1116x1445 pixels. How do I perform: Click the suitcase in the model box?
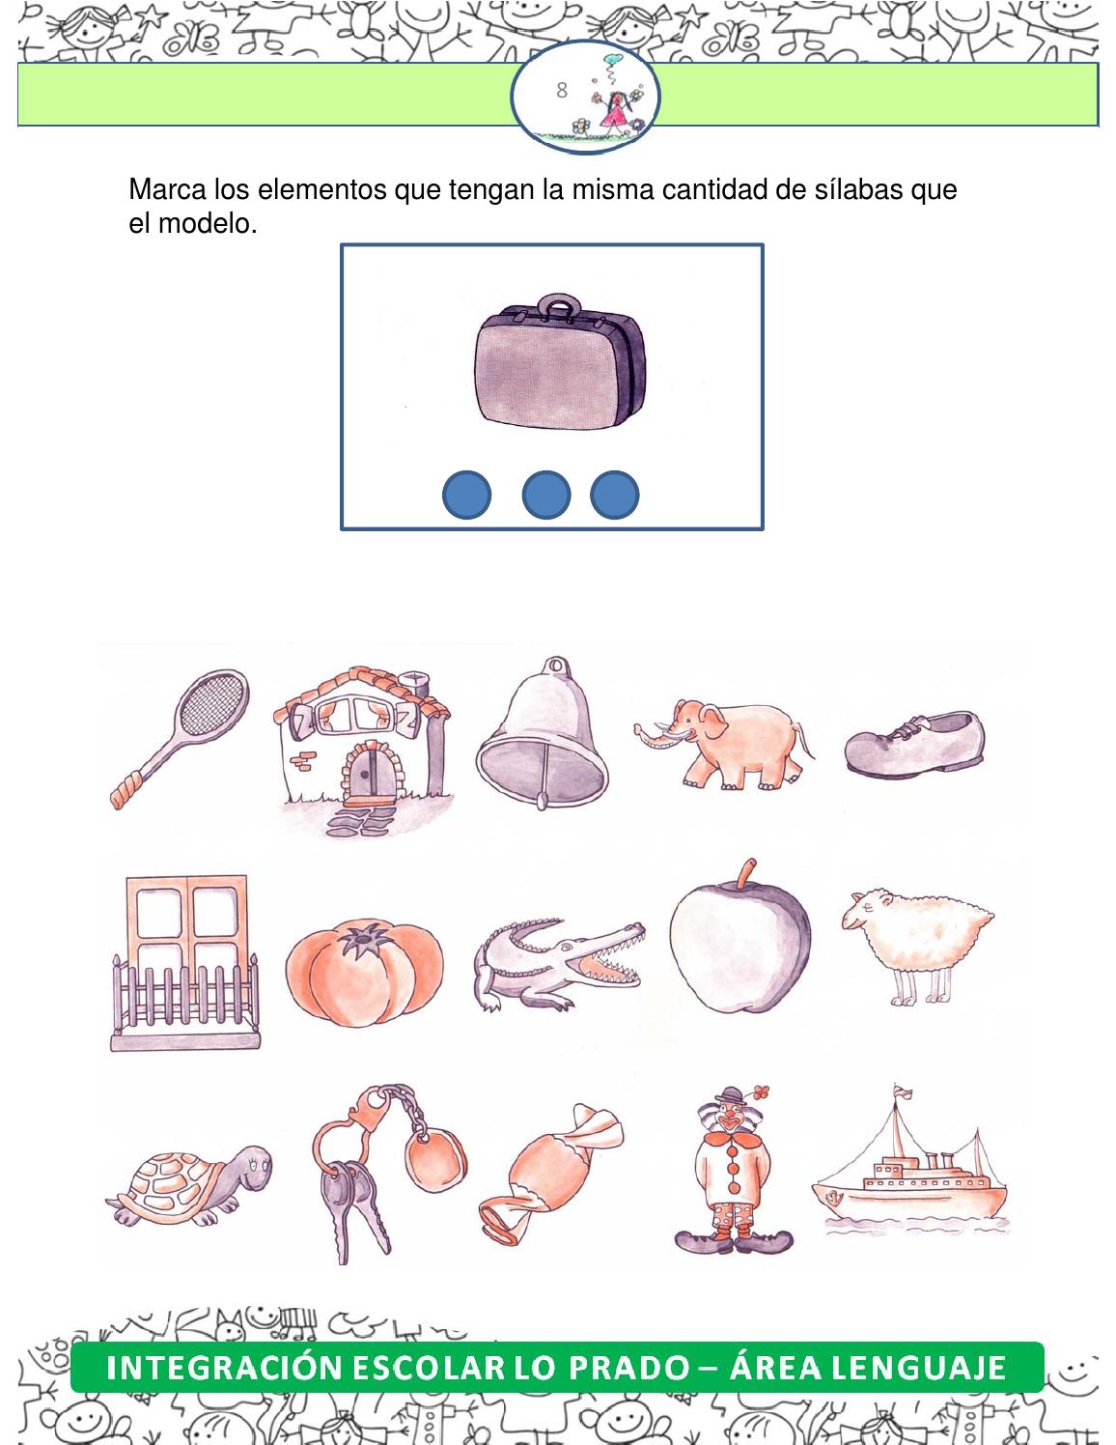(x=559, y=363)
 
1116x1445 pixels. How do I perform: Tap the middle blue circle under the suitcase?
(x=545, y=496)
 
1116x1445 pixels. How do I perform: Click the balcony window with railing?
(x=185, y=961)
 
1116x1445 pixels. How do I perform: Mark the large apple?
(x=739, y=941)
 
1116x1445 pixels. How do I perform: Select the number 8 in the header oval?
(x=562, y=91)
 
